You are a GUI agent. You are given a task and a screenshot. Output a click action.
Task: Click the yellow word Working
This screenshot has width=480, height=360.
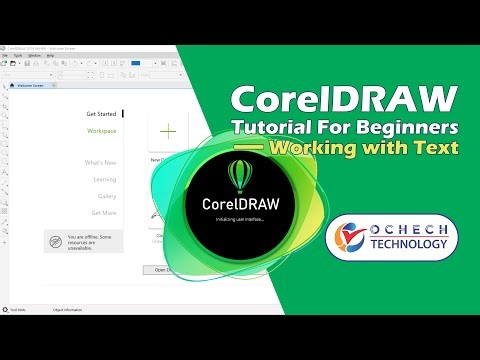point(320,149)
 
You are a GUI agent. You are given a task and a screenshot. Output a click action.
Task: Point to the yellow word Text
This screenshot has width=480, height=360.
point(436,149)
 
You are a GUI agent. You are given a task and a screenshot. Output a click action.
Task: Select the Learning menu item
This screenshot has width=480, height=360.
point(104,179)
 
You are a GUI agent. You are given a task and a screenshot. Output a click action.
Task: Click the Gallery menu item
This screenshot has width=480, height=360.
point(106,196)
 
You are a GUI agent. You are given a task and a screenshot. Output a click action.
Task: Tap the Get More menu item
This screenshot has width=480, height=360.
point(103,212)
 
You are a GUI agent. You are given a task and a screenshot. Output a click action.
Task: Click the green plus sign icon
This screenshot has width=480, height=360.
point(169,131)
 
